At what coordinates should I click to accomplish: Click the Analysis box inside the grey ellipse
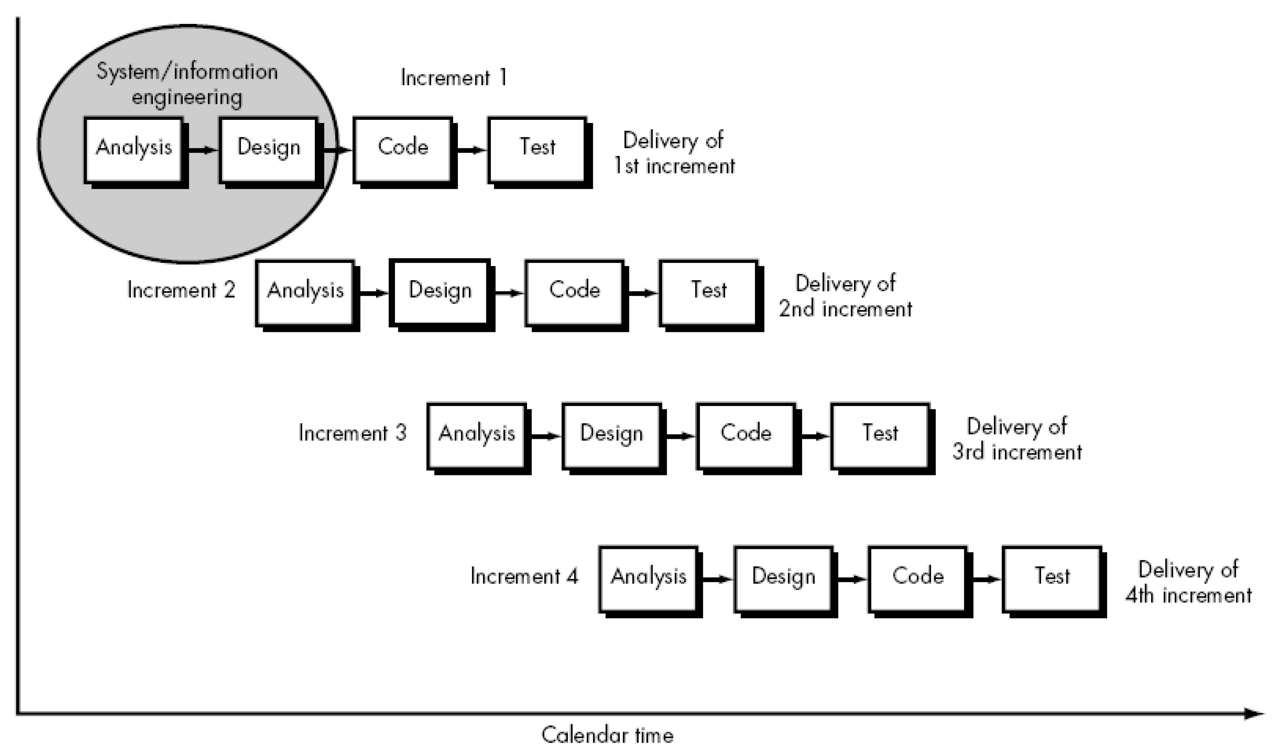point(134,150)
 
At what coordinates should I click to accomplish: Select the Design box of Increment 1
point(269,150)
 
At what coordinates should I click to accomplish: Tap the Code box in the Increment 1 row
point(403,150)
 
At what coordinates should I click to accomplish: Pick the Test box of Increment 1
point(537,150)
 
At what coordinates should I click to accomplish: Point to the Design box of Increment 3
point(612,436)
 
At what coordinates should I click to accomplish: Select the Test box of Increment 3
point(880,436)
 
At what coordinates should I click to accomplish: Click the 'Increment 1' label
point(454,78)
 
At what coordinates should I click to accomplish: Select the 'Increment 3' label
point(353,433)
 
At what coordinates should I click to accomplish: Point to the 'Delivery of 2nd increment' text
point(845,296)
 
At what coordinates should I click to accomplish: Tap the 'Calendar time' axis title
point(607,735)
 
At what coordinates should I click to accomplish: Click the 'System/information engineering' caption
point(187,84)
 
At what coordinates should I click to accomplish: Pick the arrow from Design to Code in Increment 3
point(680,436)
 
